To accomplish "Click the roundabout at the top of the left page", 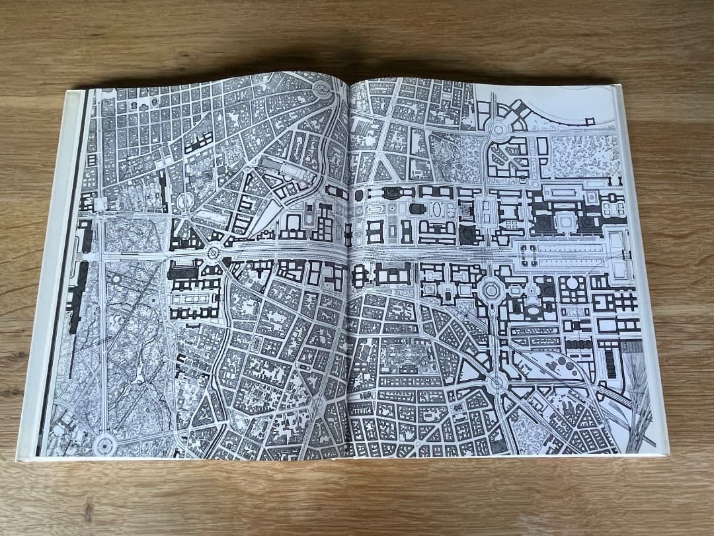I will point(323,91).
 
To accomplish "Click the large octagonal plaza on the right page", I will point(492,290).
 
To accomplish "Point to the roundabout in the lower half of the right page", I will point(496,382).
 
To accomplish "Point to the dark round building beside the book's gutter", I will point(359,196).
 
